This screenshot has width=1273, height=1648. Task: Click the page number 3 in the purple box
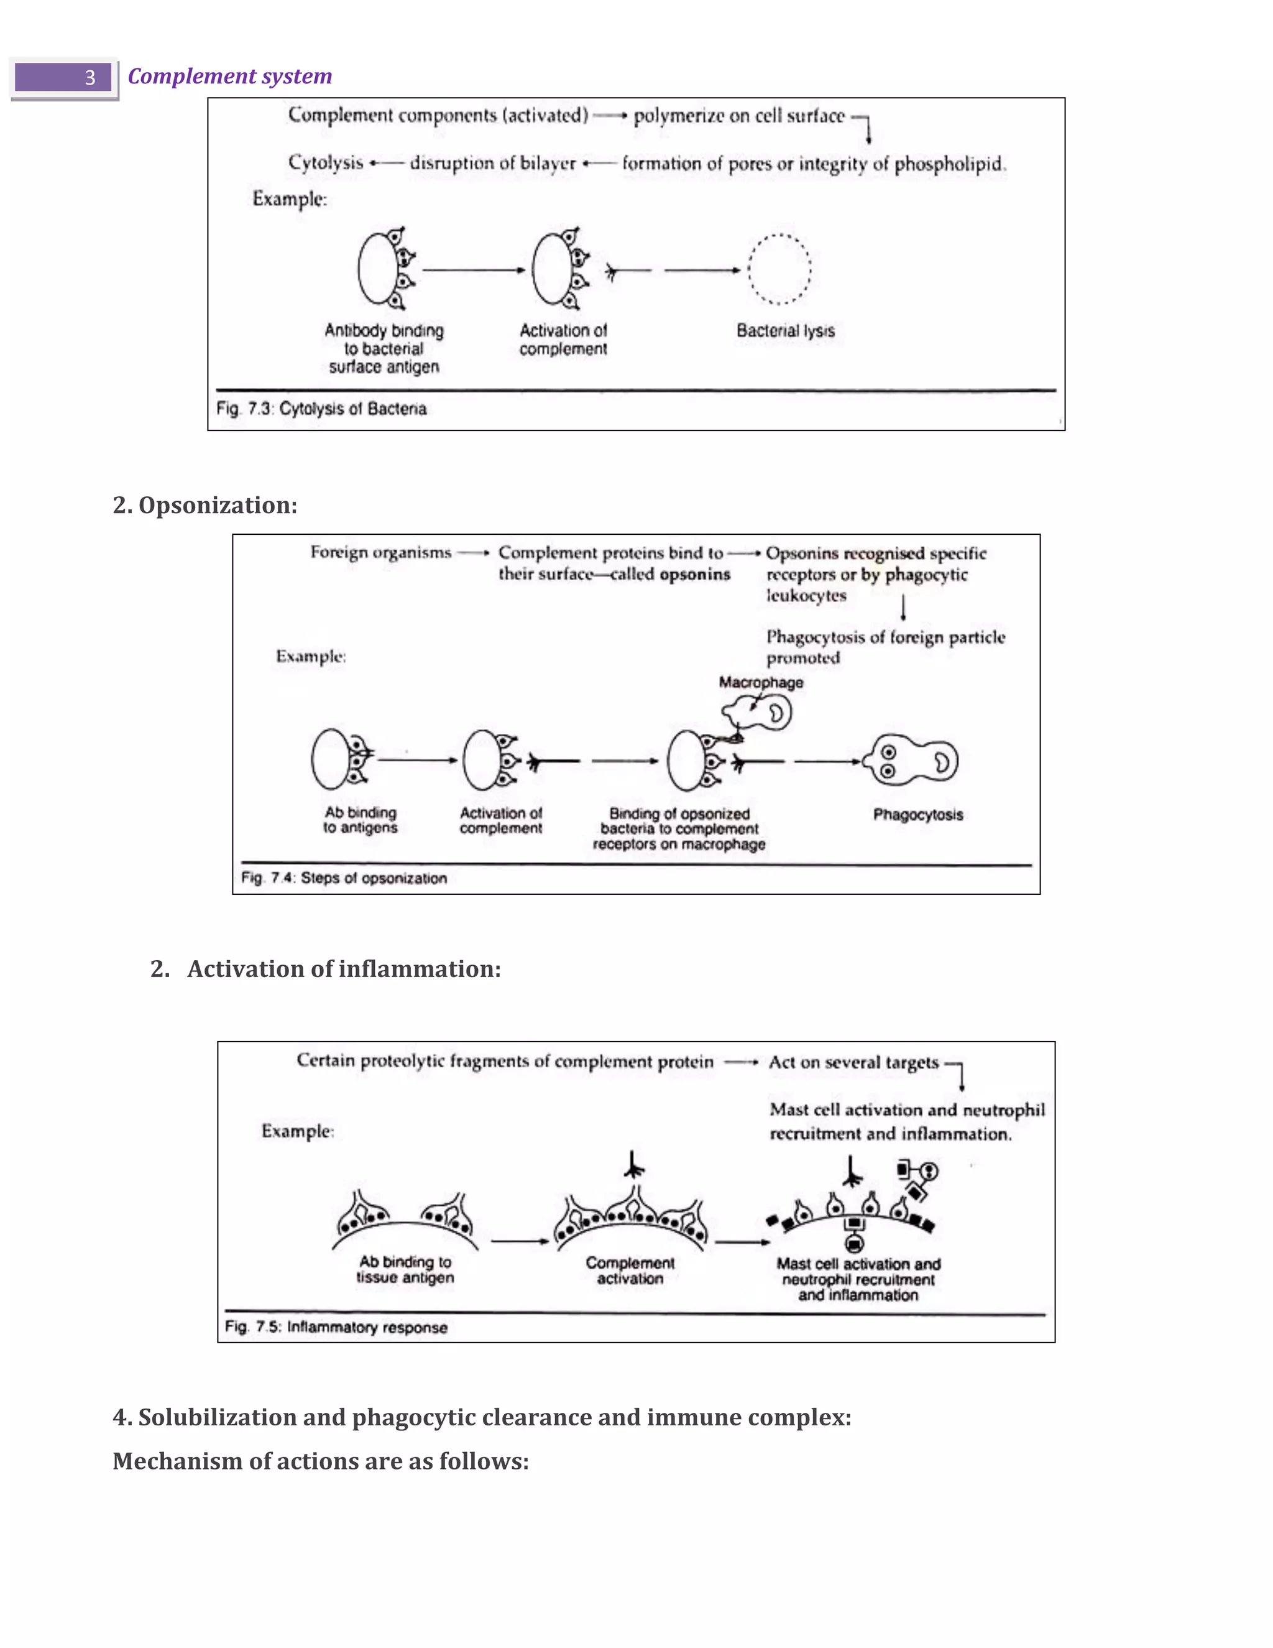[x=89, y=78]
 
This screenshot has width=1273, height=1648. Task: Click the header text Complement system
[x=229, y=76]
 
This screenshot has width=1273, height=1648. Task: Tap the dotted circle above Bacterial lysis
[x=779, y=269]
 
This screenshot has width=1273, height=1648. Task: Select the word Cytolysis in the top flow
[x=326, y=163]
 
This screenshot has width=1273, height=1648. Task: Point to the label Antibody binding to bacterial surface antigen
[x=384, y=349]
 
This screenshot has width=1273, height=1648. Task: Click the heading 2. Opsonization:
[x=205, y=505]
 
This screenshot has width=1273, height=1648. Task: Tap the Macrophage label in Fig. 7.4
[x=760, y=682]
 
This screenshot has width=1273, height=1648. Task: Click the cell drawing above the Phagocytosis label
[x=911, y=761]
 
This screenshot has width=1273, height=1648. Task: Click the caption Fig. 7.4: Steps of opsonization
[x=344, y=878]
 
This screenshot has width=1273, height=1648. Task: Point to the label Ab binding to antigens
[x=361, y=820]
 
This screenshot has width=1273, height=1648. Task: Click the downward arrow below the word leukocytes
[x=903, y=608]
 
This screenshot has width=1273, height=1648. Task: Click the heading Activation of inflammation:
[x=344, y=969]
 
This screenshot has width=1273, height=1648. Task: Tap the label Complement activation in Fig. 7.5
[x=630, y=1271]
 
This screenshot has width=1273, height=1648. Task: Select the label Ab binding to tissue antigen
[x=405, y=1269]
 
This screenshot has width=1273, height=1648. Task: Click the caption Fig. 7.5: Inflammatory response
[x=336, y=1327]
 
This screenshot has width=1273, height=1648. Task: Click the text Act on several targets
[x=853, y=1062]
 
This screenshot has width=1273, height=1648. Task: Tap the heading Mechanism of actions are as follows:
[x=321, y=1461]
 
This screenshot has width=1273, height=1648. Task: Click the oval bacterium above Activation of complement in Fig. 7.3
[x=551, y=269]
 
